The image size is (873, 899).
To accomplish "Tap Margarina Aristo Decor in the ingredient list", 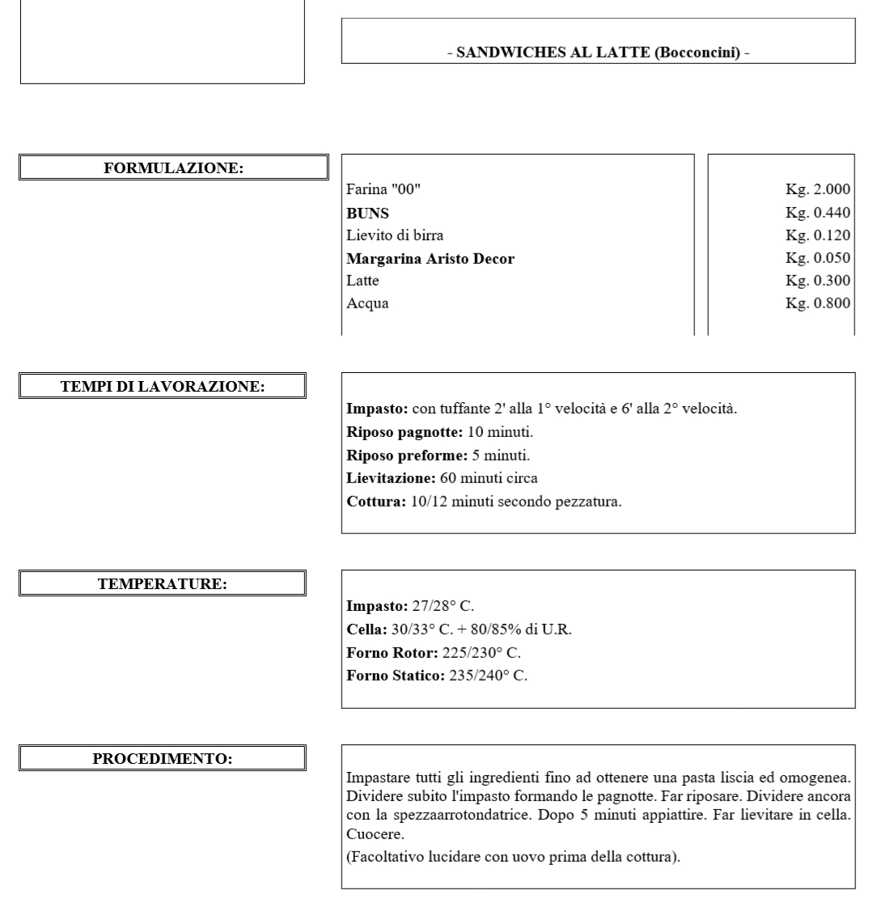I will point(430,259).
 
